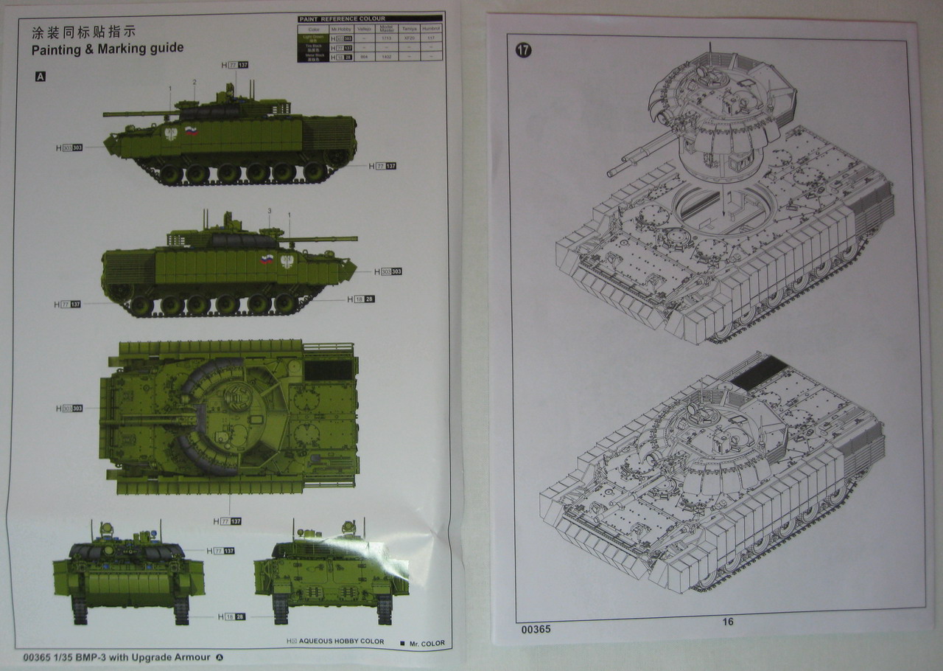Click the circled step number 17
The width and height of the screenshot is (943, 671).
tap(524, 50)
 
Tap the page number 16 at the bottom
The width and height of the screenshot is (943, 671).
tap(727, 622)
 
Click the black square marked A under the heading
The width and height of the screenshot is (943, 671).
tap(40, 76)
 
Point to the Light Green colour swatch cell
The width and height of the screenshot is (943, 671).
tap(313, 37)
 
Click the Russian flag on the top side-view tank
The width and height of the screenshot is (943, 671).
tap(192, 132)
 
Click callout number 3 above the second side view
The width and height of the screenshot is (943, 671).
tap(270, 211)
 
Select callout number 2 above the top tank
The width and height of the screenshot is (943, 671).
tap(194, 81)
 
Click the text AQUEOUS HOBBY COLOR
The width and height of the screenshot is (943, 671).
tap(341, 642)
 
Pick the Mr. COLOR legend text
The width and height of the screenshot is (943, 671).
tap(427, 643)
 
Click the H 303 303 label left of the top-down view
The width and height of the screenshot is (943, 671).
tap(69, 408)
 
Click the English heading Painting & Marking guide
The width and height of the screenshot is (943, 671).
tap(108, 49)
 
